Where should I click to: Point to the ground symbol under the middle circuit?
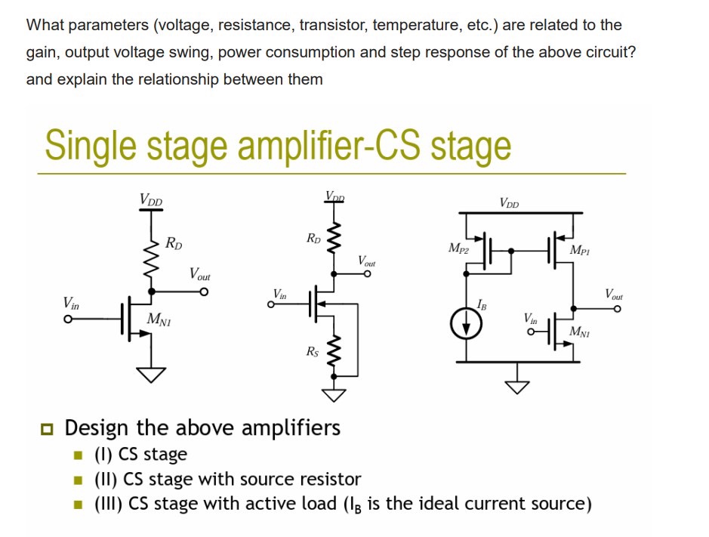click(333, 394)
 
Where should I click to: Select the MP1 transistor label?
click(581, 250)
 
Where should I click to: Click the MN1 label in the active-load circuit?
click(581, 332)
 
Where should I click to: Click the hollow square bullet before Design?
click(49, 429)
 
